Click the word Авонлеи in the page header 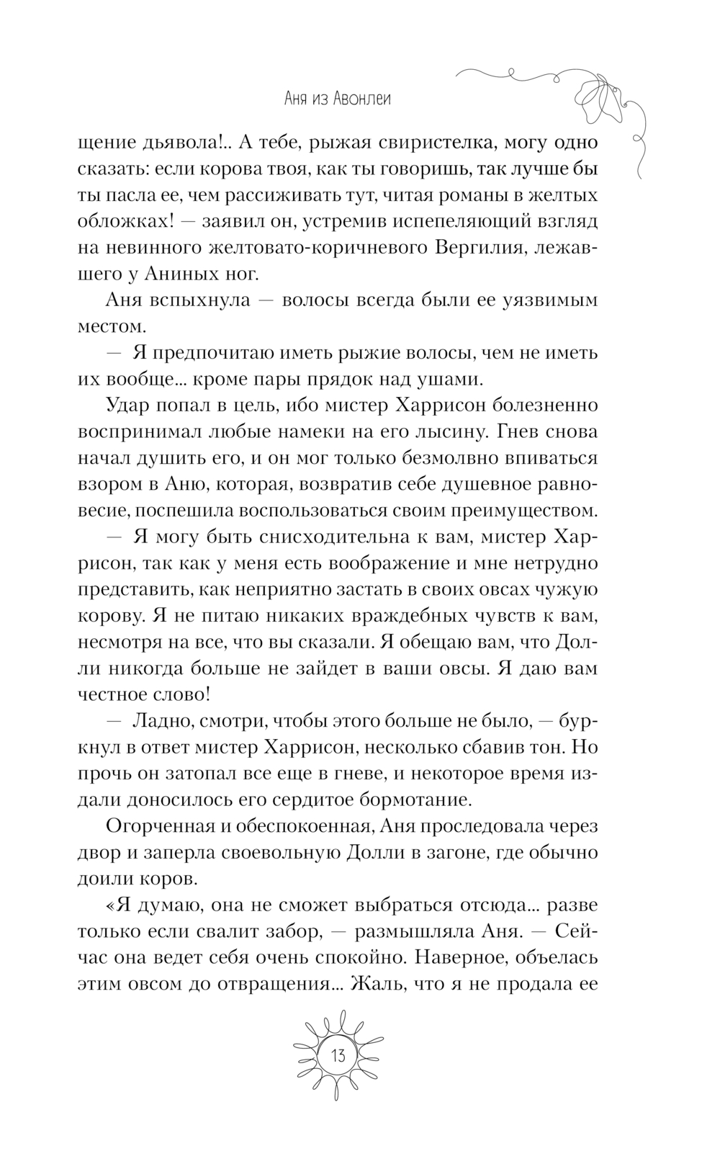pyautogui.click(x=362, y=99)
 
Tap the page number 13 pyautogui.click(x=338, y=1057)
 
